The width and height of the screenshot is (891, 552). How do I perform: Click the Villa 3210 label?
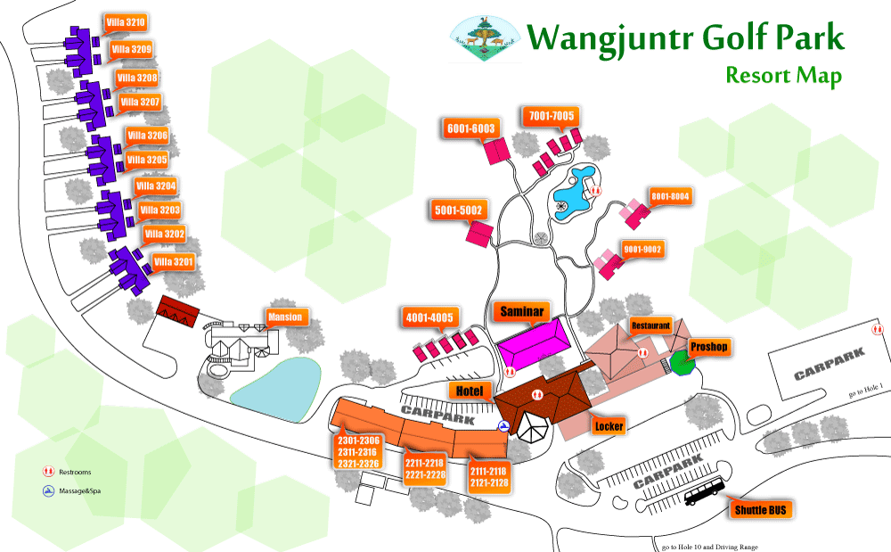coord(125,22)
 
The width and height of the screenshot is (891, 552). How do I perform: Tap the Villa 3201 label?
coord(173,262)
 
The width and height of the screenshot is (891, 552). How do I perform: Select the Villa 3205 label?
coord(147,161)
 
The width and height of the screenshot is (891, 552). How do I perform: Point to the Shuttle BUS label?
coord(762,511)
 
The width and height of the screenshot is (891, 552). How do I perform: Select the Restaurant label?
coord(650,325)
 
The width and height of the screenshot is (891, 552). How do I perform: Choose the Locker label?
coord(609,426)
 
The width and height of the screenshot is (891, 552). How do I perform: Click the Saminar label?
coord(522,311)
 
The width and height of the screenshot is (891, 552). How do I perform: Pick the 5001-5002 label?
coord(458,210)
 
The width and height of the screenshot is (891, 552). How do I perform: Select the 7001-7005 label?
coord(552,116)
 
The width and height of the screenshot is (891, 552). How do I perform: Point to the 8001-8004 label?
coord(670,196)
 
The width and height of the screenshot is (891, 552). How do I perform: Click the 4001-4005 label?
coord(430,317)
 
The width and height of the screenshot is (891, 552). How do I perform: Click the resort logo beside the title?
coord(482,40)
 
